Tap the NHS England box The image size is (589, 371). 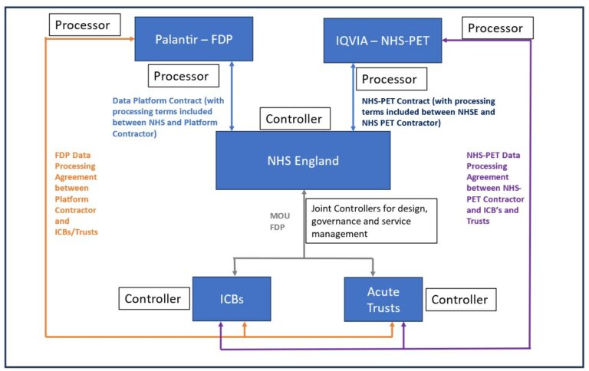tap(302, 161)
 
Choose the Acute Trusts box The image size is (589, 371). tap(383, 298)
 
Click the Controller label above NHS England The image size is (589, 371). tap(297, 119)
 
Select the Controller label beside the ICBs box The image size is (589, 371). tap(153, 298)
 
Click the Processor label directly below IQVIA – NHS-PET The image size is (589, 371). tap(390, 79)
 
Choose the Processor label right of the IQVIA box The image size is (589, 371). tap(495, 28)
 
